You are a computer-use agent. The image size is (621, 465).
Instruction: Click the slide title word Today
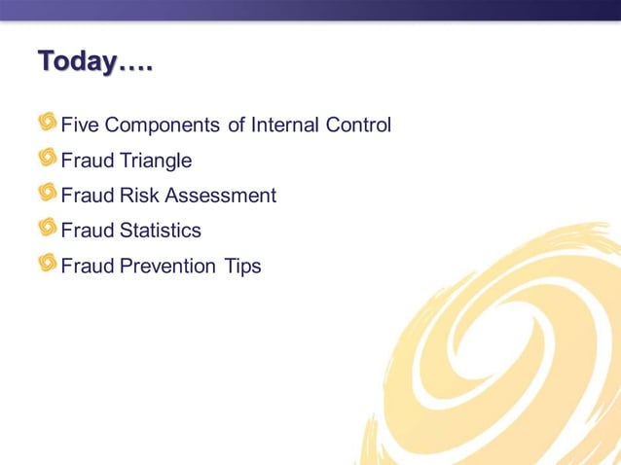[77, 61]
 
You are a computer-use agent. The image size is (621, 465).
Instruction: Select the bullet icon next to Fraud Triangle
[48, 158]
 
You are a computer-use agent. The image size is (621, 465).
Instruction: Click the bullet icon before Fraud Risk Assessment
[48, 193]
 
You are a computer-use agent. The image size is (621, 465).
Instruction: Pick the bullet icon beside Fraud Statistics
[48, 228]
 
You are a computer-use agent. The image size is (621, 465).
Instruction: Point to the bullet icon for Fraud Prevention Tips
[48, 263]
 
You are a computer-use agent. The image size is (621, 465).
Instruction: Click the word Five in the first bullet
[80, 125]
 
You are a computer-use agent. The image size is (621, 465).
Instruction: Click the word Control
[359, 125]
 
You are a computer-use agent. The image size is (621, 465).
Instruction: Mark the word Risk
[140, 196]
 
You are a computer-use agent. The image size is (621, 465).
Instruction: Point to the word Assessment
[221, 196]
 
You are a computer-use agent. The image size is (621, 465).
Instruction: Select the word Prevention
[167, 266]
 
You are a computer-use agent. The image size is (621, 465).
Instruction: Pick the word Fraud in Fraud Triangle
[87, 161]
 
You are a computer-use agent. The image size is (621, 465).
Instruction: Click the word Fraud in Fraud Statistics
[87, 231]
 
